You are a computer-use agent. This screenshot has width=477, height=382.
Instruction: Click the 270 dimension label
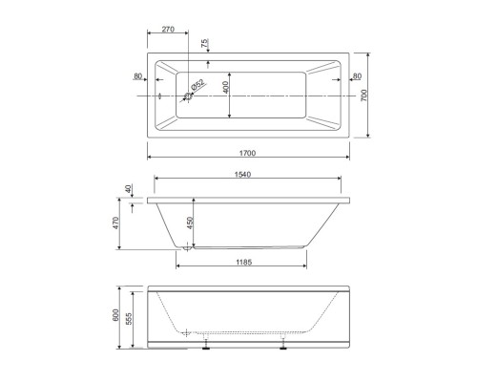pos(168,30)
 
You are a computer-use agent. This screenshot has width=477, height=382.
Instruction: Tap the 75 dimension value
pos(204,43)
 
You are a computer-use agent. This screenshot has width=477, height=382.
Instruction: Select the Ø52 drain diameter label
pos(197,85)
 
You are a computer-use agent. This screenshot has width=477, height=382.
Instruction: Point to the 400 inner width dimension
pos(225,87)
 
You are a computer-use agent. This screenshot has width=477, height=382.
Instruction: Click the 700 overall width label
pos(363,95)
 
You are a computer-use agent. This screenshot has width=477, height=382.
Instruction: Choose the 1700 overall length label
pos(247,153)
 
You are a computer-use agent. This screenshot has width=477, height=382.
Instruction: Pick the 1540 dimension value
pos(242,175)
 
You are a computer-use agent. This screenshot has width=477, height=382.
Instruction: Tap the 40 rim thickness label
pos(128,189)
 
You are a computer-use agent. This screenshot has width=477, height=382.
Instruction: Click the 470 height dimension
pos(115,223)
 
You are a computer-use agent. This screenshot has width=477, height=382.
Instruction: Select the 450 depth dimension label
pos(190,223)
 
